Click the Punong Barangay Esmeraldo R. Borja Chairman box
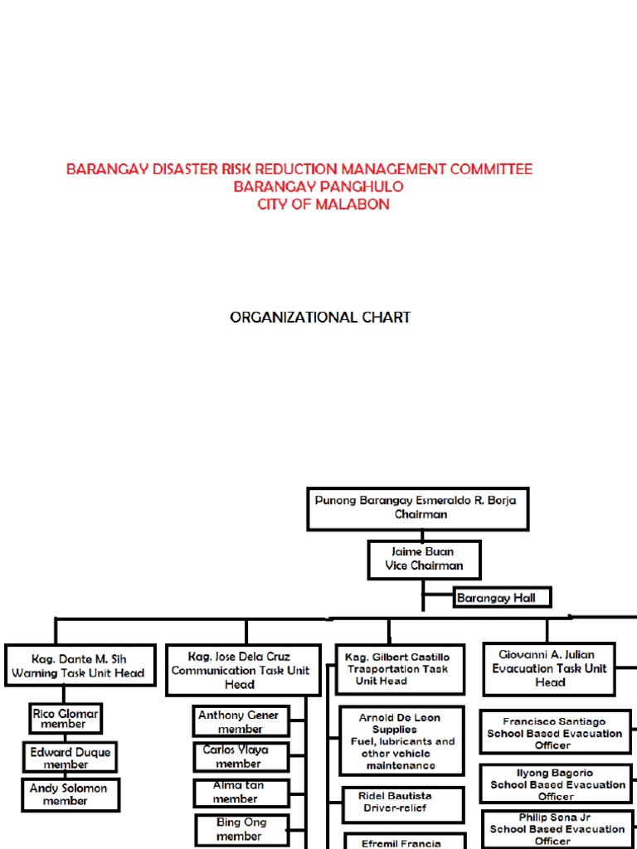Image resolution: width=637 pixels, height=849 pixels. click(x=417, y=508)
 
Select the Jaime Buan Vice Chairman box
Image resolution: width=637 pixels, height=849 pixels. click(x=422, y=559)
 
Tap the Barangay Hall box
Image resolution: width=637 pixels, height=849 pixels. click(x=502, y=597)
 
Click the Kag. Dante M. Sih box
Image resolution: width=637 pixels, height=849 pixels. click(x=79, y=665)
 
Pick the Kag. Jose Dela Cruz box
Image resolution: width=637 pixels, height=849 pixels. click(x=239, y=670)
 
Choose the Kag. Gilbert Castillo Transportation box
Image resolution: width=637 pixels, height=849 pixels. click(x=398, y=669)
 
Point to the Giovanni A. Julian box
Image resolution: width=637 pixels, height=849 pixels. click(x=549, y=668)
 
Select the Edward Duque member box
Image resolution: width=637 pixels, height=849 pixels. click(x=70, y=758)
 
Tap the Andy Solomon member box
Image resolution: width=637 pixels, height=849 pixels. click(x=71, y=794)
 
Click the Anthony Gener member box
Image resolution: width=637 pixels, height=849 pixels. click(x=241, y=721)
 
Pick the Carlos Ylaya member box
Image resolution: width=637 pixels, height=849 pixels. click(x=241, y=756)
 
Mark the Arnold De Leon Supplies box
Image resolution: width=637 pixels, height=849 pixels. click(x=401, y=740)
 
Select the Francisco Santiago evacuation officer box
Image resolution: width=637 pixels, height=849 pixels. click(x=555, y=732)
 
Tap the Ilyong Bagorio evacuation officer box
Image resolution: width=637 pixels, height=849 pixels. click(x=556, y=784)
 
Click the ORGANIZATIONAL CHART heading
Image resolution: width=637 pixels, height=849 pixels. click(x=320, y=317)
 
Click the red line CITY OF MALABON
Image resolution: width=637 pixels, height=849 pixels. click(x=323, y=204)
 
